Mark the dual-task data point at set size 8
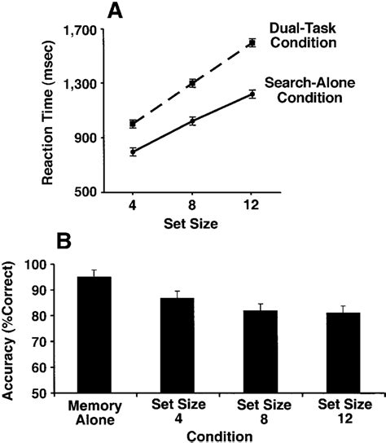coord(192,82)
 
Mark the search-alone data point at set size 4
coord(133,151)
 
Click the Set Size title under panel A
coord(192,222)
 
